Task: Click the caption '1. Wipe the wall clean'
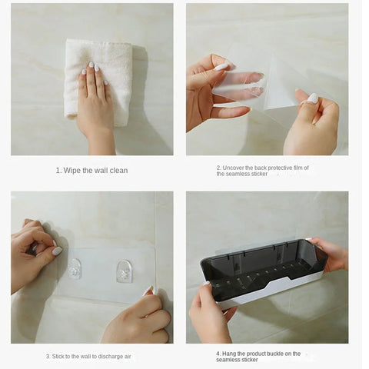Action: point(91,170)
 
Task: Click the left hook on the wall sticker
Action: point(75,268)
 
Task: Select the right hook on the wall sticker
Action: point(124,270)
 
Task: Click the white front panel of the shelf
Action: point(269,290)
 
